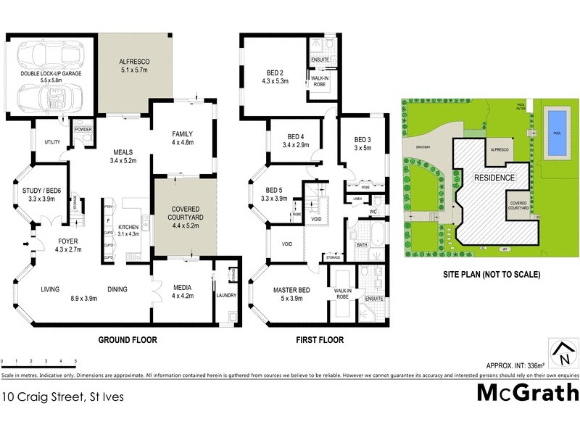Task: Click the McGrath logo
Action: tap(527, 392)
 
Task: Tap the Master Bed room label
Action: tap(291, 294)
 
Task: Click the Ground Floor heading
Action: tap(128, 339)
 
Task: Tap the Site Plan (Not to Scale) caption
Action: tap(492, 275)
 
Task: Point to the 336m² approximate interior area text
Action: tap(515, 365)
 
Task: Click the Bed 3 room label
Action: tap(362, 144)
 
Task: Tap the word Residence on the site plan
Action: tap(494, 178)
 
